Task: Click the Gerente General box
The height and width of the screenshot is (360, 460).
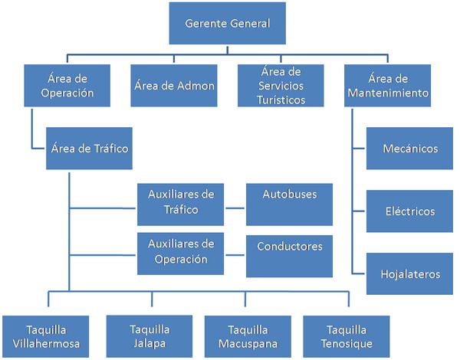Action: point(227,24)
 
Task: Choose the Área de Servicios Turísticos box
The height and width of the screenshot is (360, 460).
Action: point(282,86)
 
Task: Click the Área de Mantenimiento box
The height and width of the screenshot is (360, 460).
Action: point(386,86)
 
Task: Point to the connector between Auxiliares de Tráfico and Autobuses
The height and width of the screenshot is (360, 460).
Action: point(235,206)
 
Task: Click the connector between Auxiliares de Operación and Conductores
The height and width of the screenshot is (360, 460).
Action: point(235,254)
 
